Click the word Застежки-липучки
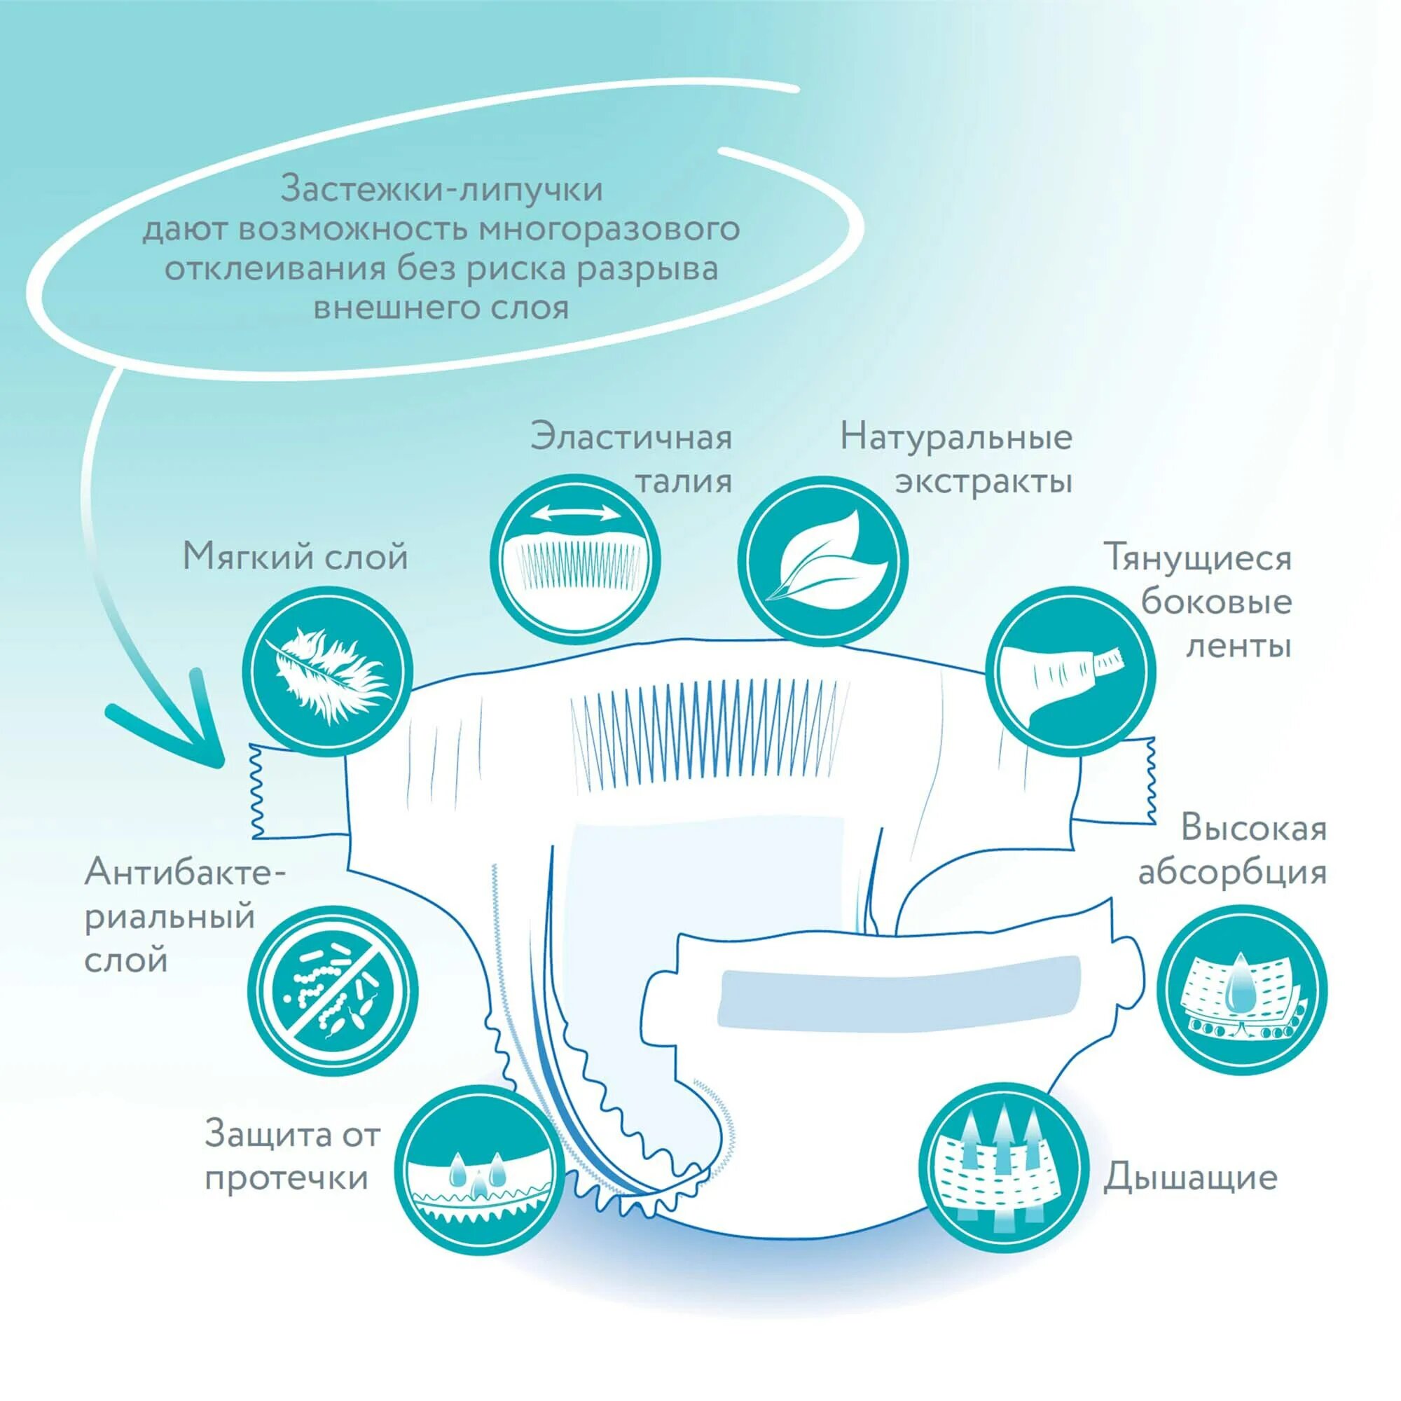point(441,190)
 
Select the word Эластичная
point(631,438)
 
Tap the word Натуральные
point(955,438)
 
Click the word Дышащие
point(1190,1178)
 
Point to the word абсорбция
point(1232,872)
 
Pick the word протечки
point(287,1178)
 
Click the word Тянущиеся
point(1197,559)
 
